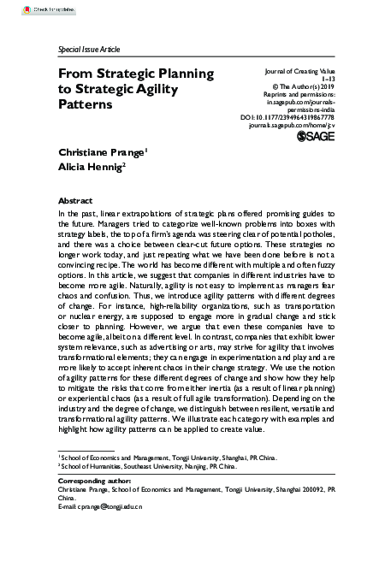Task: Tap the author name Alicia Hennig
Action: click(91, 168)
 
